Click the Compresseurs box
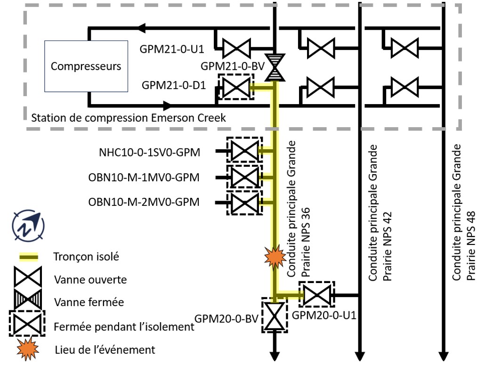(x=86, y=66)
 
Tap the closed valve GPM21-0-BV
(x=274, y=67)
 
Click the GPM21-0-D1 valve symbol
(x=235, y=87)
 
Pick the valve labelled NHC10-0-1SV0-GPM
(x=243, y=151)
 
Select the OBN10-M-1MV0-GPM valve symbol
(x=243, y=178)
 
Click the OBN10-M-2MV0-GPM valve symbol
(x=243, y=203)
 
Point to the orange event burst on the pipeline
(x=274, y=257)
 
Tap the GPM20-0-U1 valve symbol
(x=317, y=295)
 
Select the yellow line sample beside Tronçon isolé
(x=28, y=257)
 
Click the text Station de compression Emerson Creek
(x=128, y=117)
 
